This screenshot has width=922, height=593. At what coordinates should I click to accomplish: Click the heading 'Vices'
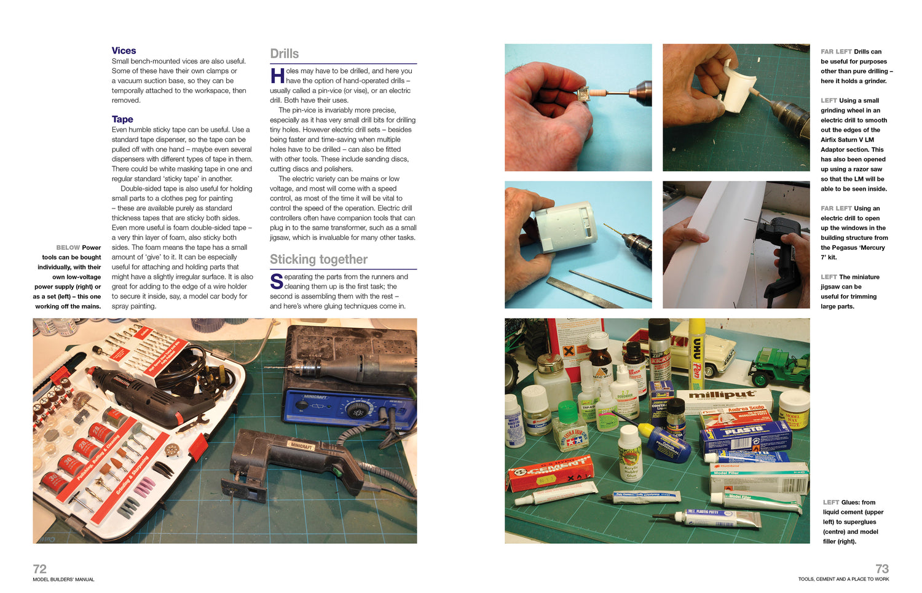pos(124,50)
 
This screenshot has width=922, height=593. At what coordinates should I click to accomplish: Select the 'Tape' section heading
pos(122,119)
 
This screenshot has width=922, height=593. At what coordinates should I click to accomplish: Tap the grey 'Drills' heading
pos(285,54)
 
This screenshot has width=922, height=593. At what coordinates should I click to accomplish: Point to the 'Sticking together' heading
pos(318,260)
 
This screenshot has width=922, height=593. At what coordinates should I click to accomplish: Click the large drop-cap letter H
pos(277,76)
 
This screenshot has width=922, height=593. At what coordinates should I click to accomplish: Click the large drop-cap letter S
pos(277,282)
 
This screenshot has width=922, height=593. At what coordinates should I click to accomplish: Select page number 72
pos(39,568)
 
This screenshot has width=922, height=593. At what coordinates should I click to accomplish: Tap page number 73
pos(881,568)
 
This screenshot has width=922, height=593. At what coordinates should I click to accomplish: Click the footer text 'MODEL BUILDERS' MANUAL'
pos(63,579)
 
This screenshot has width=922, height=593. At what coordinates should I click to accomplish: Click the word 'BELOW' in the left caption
pos(68,247)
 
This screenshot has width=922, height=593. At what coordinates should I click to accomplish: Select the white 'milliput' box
pos(722,397)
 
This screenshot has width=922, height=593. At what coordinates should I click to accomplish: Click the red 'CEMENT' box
pos(550,472)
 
